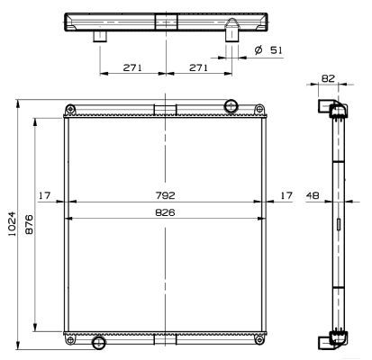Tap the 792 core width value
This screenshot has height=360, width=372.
click(x=164, y=194)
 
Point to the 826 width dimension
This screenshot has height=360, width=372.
click(x=164, y=212)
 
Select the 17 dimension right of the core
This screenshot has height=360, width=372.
click(x=286, y=194)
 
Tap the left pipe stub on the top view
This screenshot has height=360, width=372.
click(x=99, y=36)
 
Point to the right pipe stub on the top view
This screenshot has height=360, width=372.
click(x=230, y=37)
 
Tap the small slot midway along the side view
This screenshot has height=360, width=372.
click(x=339, y=224)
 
